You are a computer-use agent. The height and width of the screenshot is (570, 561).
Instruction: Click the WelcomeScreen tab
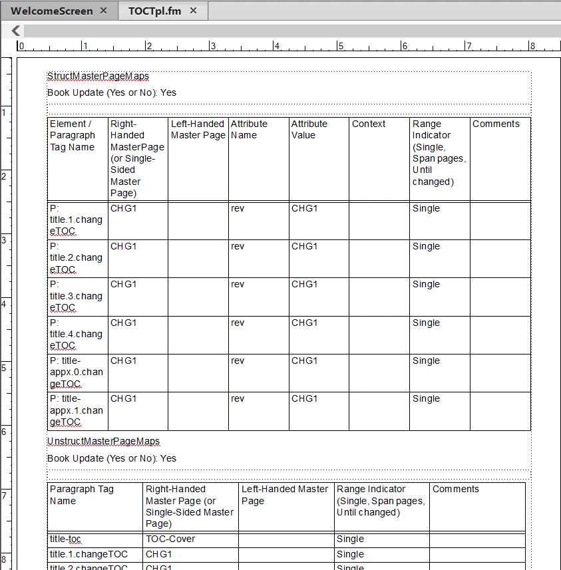click(51, 11)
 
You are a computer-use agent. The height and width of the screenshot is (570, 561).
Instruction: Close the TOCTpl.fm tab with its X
click(194, 11)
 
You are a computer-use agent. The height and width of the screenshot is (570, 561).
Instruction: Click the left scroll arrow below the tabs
click(16, 31)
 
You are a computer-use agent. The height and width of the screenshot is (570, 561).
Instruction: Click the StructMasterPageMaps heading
click(98, 76)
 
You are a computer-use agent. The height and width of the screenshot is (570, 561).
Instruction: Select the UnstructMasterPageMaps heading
click(103, 441)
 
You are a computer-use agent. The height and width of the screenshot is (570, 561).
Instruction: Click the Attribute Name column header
click(249, 129)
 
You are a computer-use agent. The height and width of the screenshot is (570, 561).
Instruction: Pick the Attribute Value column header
click(309, 129)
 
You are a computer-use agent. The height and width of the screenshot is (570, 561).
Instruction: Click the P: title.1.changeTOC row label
click(76, 219)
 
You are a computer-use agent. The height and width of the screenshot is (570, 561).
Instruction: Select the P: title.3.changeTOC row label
click(76, 295)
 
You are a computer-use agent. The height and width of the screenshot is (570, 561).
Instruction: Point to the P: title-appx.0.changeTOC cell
click(76, 372)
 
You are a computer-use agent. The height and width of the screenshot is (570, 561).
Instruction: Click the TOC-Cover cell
click(170, 539)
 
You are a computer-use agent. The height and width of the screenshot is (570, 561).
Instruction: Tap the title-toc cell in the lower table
click(65, 539)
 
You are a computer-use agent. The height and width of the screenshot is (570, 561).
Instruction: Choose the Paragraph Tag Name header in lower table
click(82, 495)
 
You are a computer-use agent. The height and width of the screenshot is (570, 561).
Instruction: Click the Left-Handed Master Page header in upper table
click(198, 129)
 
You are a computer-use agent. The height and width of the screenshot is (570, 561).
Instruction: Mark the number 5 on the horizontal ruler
click(340, 46)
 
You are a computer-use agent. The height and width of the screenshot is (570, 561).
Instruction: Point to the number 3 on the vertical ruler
click(4, 239)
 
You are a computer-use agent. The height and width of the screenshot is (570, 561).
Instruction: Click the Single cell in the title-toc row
click(350, 539)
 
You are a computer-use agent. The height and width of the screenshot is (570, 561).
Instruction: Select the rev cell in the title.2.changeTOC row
click(238, 246)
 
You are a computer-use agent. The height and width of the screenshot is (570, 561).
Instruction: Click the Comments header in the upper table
click(496, 124)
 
